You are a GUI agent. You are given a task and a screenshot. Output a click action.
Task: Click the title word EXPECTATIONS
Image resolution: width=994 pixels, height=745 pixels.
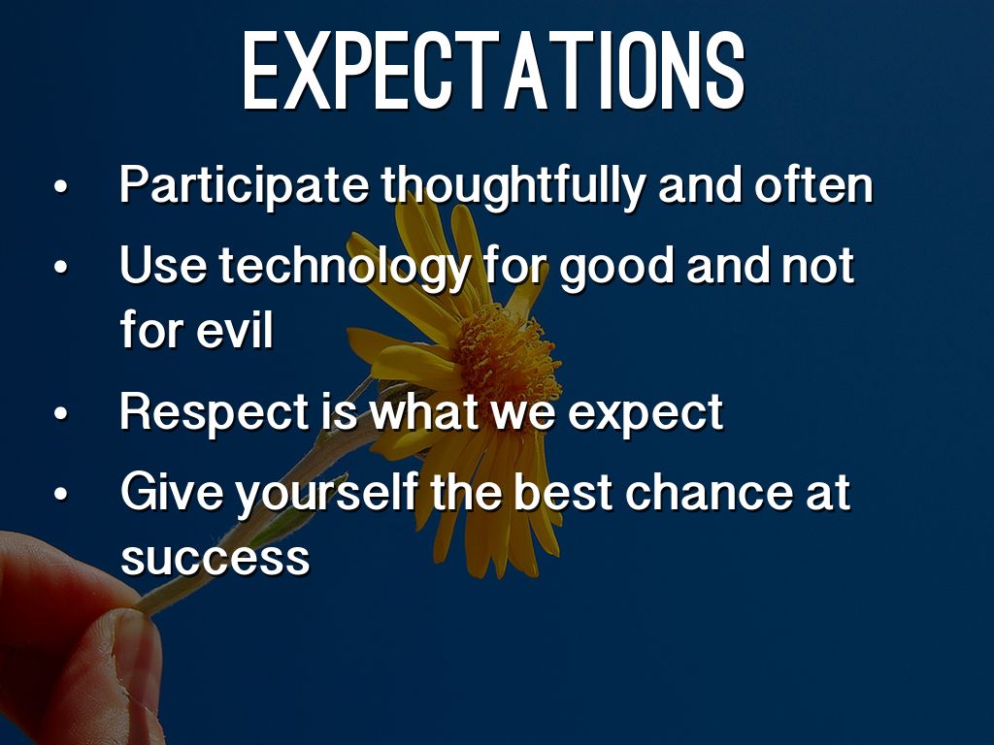(493, 70)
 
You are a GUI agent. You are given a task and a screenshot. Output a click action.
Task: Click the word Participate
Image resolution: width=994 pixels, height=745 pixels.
(244, 185)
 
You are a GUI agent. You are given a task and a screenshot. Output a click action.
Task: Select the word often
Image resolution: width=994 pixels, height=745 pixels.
(813, 184)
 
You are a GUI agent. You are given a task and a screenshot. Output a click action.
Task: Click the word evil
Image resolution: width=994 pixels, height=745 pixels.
(235, 330)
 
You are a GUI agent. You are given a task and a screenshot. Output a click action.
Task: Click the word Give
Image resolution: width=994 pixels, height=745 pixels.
(171, 492)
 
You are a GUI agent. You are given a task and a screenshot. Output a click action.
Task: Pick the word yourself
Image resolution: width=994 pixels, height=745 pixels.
(326, 493)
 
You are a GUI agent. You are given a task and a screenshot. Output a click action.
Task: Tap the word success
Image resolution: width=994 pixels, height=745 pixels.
(215, 558)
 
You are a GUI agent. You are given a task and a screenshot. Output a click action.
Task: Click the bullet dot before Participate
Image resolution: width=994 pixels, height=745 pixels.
(60, 187)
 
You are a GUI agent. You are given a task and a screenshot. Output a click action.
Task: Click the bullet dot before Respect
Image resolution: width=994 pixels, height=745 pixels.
(60, 414)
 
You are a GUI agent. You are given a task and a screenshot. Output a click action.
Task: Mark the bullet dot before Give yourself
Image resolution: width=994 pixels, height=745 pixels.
(60, 494)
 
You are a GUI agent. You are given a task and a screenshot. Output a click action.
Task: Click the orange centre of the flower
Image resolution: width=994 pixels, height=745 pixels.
(507, 355)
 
